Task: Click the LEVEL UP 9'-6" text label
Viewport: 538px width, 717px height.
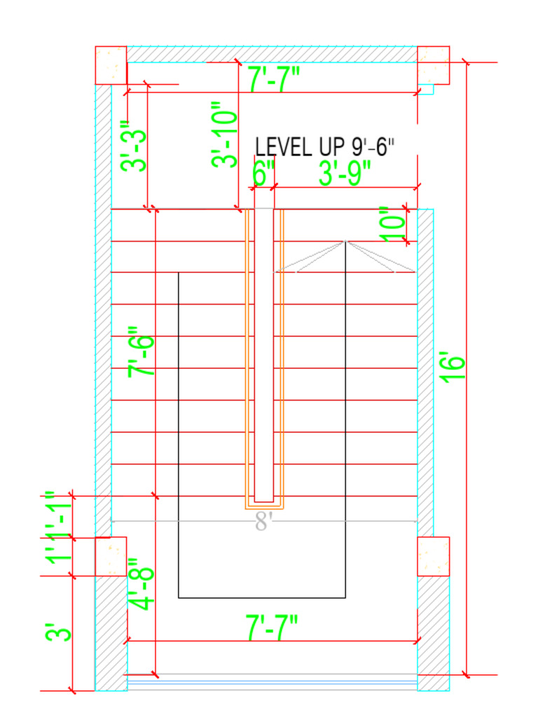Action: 324,147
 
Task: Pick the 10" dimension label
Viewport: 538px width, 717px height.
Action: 394,224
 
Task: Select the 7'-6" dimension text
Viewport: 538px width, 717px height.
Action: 141,352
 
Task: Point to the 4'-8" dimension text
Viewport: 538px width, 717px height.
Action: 141,584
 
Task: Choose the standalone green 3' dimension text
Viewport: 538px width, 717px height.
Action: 58,633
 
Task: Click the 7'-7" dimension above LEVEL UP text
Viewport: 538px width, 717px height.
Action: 274,78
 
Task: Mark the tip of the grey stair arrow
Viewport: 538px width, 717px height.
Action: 345,242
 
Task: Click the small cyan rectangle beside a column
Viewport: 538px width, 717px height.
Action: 426,89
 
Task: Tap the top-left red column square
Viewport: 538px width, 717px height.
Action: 111,65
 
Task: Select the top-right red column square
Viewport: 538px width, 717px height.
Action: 433,65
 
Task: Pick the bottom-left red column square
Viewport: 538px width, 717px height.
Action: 111,556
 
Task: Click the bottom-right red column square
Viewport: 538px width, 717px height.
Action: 433,556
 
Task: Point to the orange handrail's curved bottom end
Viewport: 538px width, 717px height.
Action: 263,506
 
